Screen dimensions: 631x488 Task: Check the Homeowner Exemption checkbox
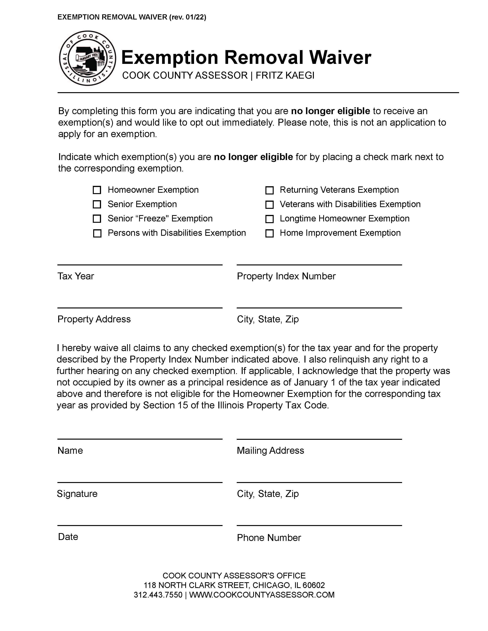click(x=97, y=190)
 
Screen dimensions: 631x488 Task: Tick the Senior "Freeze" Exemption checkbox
click(x=97, y=219)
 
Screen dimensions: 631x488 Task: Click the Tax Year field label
click(x=76, y=276)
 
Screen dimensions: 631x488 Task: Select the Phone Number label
click(x=269, y=538)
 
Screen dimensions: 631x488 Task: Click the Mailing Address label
click(x=270, y=450)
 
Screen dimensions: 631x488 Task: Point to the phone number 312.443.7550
click(x=158, y=595)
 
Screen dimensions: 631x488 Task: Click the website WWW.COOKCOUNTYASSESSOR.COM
click(x=262, y=595)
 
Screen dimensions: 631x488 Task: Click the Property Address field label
click(x=94, y=319)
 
